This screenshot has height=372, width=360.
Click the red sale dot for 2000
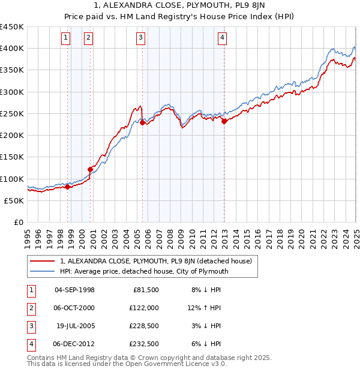[x=91, y=169]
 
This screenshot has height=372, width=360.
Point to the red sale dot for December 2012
[x=224, y=121]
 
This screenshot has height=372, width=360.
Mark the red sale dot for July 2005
[x=143, y=122]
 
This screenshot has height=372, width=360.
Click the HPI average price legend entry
[x=144, y=271]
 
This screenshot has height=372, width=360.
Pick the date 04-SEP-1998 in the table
[x=74, y=290]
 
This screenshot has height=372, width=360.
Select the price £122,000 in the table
[x=144, y=308]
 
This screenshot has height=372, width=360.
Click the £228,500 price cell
[x=144, y=326]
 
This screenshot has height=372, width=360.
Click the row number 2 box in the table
[x=29, y=308]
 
